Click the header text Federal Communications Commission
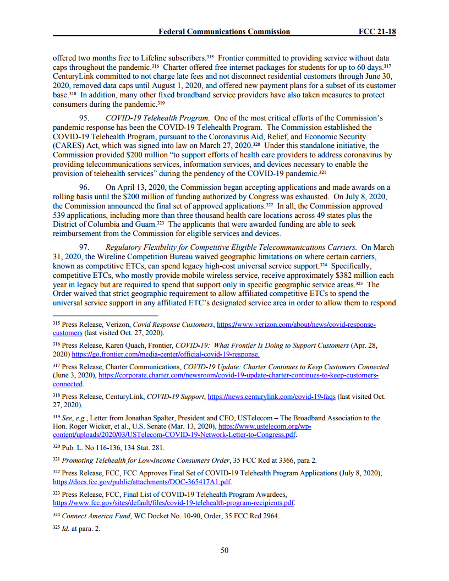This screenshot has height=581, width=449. point(224,31)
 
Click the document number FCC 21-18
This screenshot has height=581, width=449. point(377,31)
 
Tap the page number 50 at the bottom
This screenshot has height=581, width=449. point(225,550)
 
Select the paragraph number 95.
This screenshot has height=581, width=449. point(86,118)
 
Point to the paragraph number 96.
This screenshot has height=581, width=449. point(86,187)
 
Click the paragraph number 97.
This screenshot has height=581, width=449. point(86,248)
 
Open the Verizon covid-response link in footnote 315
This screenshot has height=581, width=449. point(297,325)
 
